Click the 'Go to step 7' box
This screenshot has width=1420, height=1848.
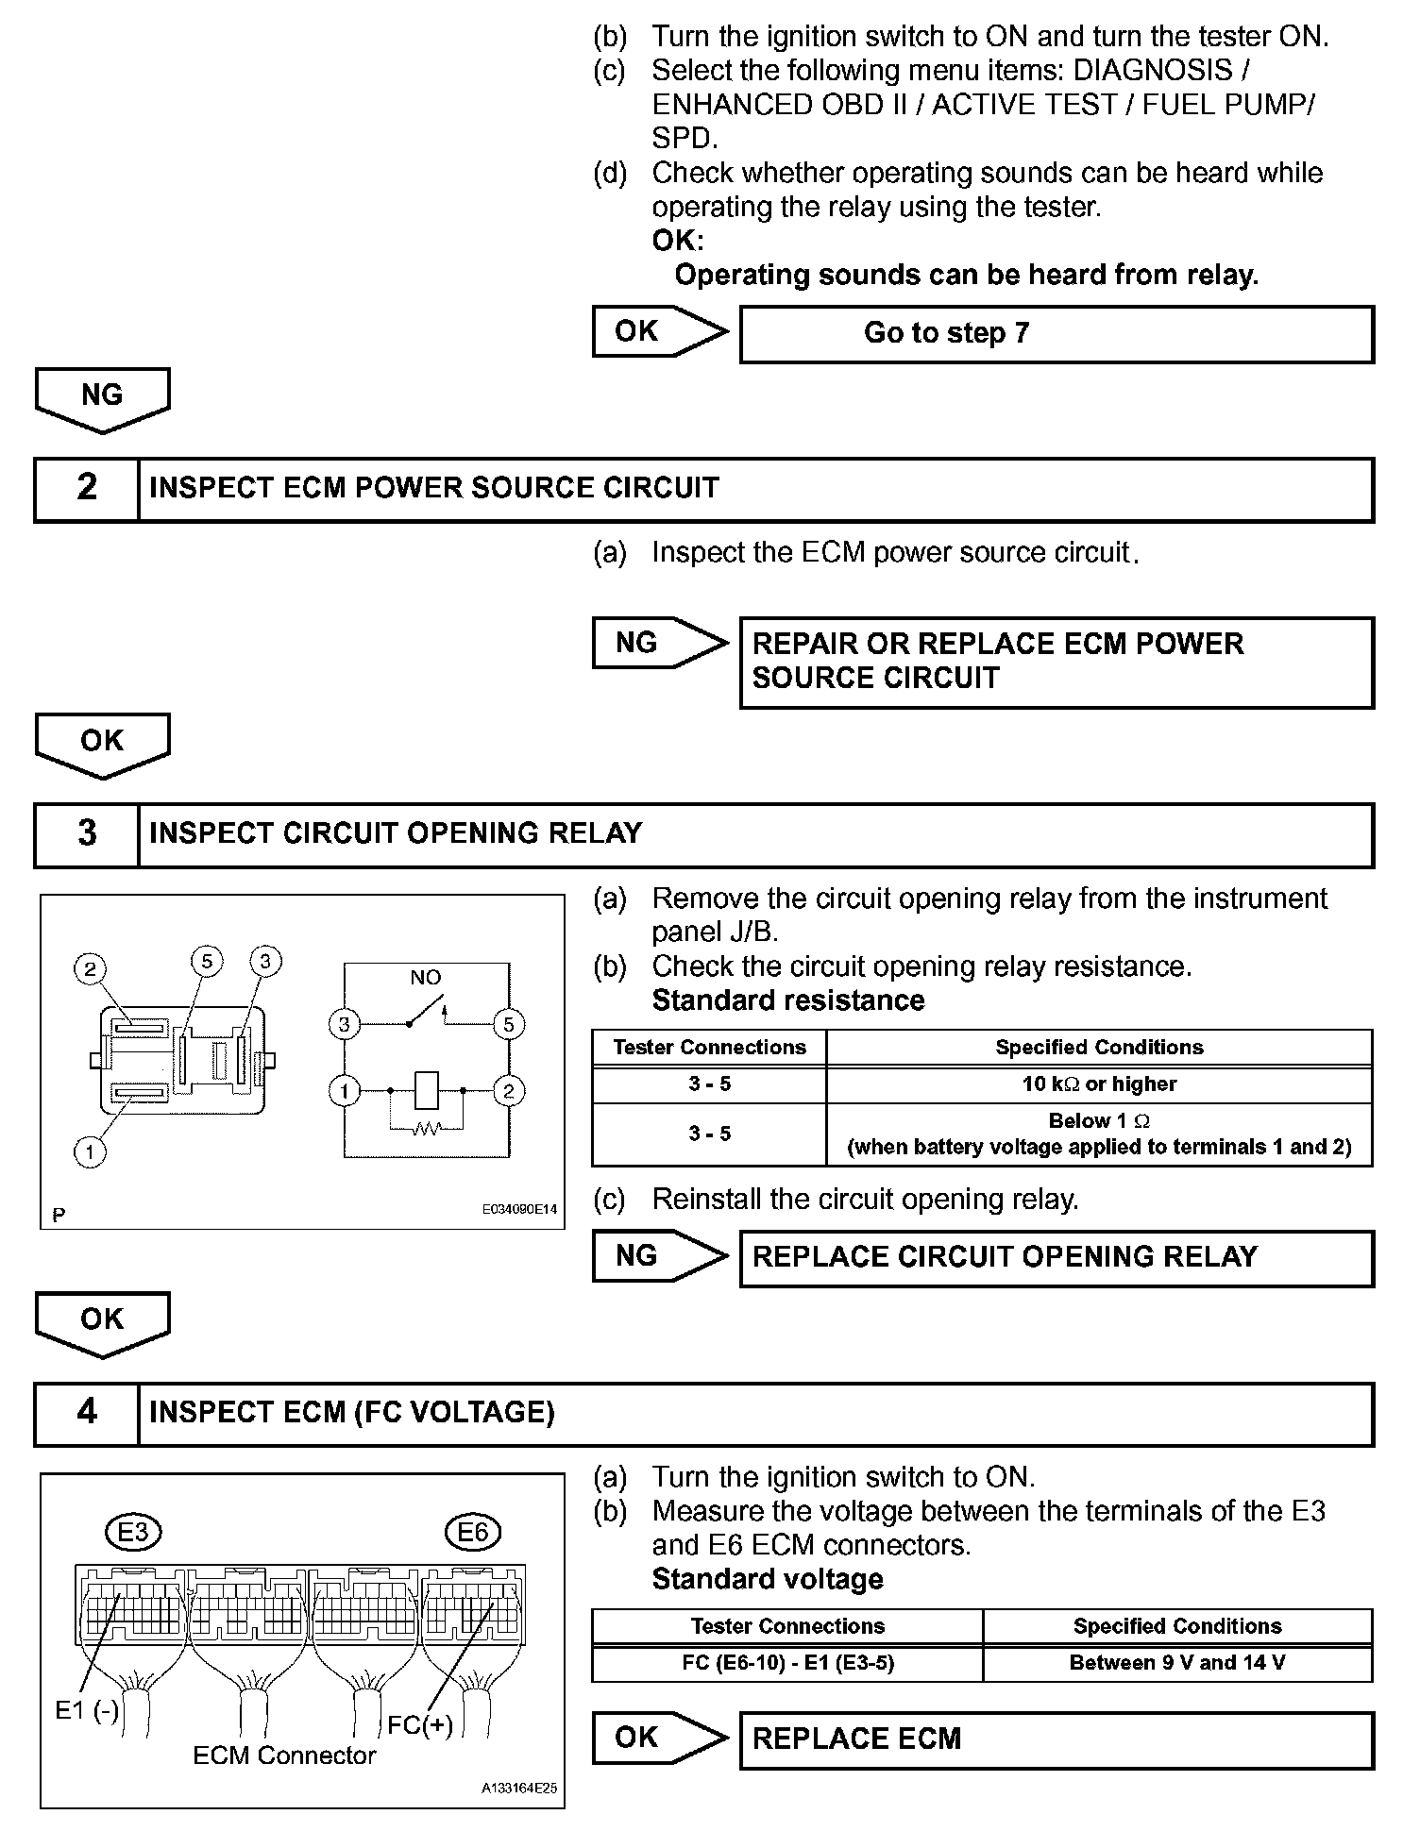1056,334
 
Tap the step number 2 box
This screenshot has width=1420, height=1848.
87,489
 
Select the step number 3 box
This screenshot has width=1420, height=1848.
87,834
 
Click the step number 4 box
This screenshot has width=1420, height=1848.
87,1413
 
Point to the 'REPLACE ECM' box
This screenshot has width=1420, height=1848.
1056,1739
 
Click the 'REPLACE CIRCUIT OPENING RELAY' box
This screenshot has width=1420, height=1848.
1056,1257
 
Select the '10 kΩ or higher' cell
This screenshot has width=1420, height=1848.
1099,1084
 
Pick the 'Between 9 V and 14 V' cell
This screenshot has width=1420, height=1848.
1176,1663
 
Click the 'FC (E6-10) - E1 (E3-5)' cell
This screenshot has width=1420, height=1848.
787,1663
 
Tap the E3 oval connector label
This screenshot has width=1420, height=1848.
133,1533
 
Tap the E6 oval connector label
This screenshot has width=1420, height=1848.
472,1533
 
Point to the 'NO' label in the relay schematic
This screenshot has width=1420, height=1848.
425,978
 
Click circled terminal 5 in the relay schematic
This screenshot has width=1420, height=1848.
508,1024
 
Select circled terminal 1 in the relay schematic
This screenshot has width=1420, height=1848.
345,1092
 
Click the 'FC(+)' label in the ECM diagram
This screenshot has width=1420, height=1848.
420,1725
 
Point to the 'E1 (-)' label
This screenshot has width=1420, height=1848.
87,1710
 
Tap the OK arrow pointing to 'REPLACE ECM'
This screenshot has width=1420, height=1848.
659,1738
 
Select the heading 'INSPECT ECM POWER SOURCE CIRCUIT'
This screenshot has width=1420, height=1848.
434,489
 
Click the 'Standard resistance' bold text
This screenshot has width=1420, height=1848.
787,1000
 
